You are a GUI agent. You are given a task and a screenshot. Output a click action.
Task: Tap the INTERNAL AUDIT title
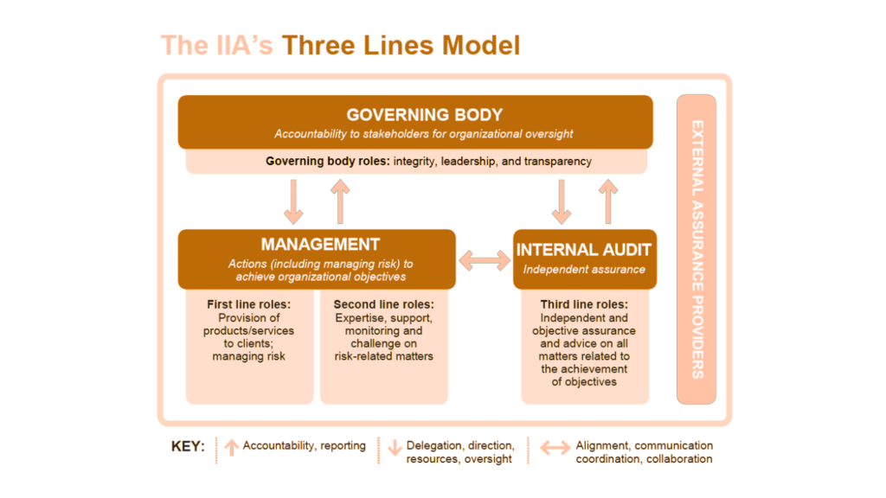[x=584, y=250]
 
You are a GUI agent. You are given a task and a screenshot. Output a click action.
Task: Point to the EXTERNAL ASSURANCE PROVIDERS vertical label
[x=697, y=249]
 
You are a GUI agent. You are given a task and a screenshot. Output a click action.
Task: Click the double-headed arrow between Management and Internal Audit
[x=485, y=259]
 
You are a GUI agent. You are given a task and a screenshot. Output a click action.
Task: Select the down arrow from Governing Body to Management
[x=294, y=201]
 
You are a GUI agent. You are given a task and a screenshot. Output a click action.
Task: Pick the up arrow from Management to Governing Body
[x=339, y=201]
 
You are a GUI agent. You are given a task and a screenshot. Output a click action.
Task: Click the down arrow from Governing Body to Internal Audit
[x=562, y=201]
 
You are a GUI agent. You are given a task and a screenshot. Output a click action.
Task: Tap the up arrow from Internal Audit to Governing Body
[x=608, y=201]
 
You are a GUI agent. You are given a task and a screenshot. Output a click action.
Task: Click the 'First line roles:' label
[x=249, y=305]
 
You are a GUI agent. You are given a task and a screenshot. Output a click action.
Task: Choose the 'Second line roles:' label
[x=383, y=305]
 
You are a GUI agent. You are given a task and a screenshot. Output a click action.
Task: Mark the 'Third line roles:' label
[x=584, y=305]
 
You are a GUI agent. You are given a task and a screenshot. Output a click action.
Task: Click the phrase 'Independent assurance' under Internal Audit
[x=584, y=269]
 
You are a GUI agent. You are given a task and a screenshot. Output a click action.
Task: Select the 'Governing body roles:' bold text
[x=328, y=162]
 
